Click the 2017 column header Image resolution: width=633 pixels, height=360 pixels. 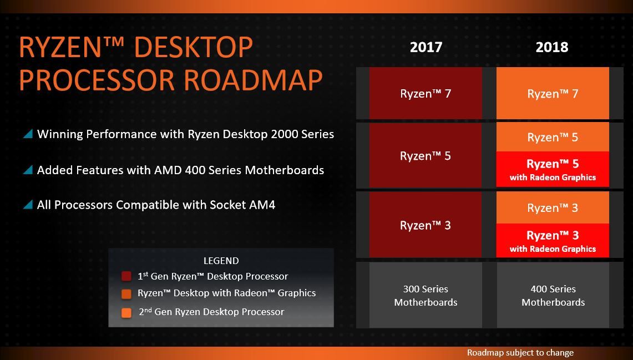coord(426,47)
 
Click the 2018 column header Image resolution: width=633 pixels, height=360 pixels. coord(552,47)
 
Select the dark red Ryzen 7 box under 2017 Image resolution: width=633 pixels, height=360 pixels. coord(426,93)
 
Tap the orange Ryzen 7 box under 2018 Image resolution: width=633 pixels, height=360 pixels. coord(553,93)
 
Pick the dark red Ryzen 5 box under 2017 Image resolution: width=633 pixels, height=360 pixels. coord(426,155)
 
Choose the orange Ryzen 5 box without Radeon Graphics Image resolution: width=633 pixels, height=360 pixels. coord(553,137)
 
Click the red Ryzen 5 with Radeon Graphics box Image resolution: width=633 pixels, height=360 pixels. coord(553,170)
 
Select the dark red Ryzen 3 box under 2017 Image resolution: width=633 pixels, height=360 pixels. coord(426,225)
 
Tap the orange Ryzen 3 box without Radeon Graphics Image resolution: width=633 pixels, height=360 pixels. coord(553,207)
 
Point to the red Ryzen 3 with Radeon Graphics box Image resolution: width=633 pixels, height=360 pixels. coord(553,241)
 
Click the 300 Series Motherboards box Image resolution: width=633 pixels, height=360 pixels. coord(426,295)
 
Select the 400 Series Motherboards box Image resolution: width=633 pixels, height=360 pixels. coord(553,295)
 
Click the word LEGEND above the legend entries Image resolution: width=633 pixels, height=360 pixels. coord(221,261)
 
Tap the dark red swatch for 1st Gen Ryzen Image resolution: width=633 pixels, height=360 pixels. coord(126,276)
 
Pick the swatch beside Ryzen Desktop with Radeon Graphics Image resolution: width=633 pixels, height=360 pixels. coord(126,294)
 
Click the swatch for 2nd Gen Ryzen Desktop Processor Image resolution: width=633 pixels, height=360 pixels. coord(126,312)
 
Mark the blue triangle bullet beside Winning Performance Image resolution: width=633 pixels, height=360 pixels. coord(28,134)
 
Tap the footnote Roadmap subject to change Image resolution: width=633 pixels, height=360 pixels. coord(520,352)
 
